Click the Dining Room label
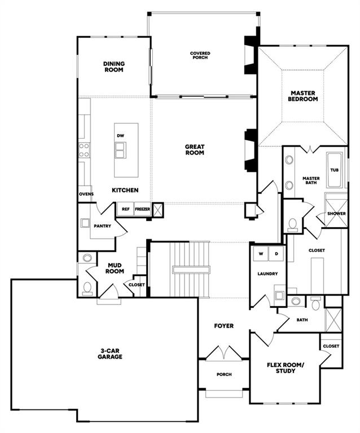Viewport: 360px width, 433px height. pos(113,67)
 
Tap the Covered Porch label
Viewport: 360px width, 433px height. pos(200,56)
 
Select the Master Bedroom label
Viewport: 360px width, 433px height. pos(303,96)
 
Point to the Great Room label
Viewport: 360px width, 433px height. pos(195,149)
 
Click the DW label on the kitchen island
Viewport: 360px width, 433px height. pos(120,136)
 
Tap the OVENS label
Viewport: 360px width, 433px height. pos(86,194)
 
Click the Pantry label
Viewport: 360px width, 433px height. pos(103,227)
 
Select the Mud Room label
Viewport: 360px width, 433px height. pos(115,268)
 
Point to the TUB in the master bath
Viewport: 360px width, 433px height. pos(335,169)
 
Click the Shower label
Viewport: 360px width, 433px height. pos(336,214)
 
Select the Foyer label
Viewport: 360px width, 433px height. pos(223,326)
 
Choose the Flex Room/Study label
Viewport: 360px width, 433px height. pos(285,368)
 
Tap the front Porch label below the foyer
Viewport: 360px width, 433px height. pos(224,374)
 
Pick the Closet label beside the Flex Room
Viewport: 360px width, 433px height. pos(331,346)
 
